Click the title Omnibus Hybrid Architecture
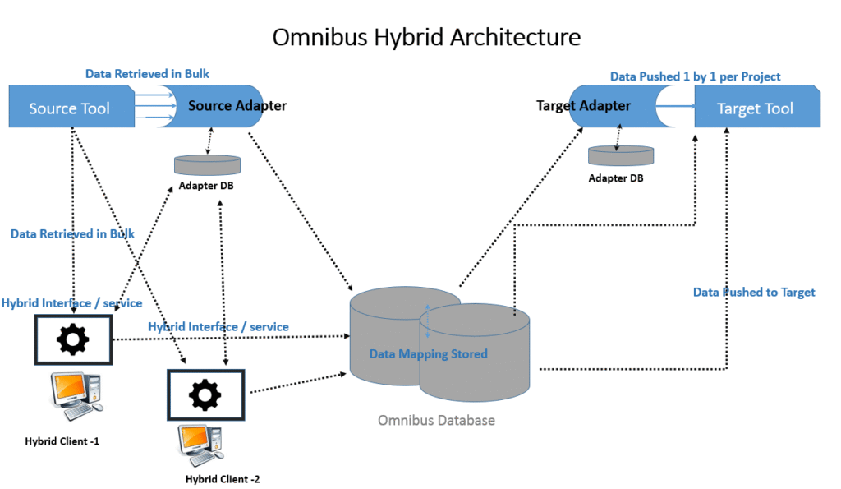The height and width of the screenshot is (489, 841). click(x=426, y=37)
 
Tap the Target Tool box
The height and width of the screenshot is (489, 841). click(x=756, y=108)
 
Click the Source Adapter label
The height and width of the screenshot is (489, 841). click(x=237, y=106)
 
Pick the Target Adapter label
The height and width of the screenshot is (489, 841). click(x=583, y=106)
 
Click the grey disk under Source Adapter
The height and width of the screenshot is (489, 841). click(x=208, y=164)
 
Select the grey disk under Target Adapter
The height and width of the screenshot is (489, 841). click(x=621, y=155)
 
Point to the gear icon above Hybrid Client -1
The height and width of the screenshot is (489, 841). click(x=73, y=338)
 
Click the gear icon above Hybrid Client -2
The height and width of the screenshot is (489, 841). click(x=205, y=395)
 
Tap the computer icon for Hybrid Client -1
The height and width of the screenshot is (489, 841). click(x=76, y=394)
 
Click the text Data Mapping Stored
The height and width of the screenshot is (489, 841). click(x=428, y=354)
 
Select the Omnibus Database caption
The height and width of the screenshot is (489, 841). click(x=436, y=421)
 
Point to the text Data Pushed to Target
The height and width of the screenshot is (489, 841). click(x=754, y=293)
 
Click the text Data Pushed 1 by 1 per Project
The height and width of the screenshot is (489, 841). click(x=695, y=76)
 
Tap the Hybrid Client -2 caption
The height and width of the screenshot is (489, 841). click(x=223, y=478)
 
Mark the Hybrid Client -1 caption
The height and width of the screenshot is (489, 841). click(x=62, y=441)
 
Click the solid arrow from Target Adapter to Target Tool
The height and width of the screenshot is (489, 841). click(x=675, y=106)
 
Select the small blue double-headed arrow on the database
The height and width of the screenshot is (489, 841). click(x=427, y=321)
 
